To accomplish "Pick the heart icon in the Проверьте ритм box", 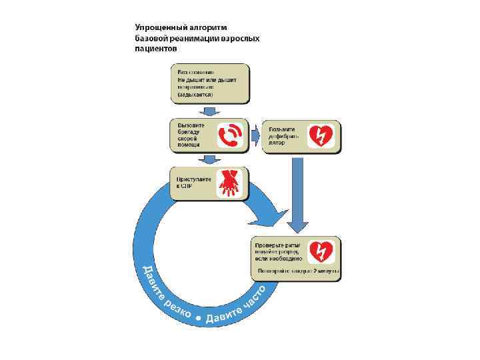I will (323, 252).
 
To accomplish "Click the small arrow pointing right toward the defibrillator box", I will (255, 135).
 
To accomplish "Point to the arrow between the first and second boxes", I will (210, 111).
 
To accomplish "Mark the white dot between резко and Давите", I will (198, 319).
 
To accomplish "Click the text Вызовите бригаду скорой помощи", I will (192, 135).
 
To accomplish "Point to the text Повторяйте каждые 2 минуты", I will (299, 272).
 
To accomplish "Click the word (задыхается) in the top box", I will (195, 95).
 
